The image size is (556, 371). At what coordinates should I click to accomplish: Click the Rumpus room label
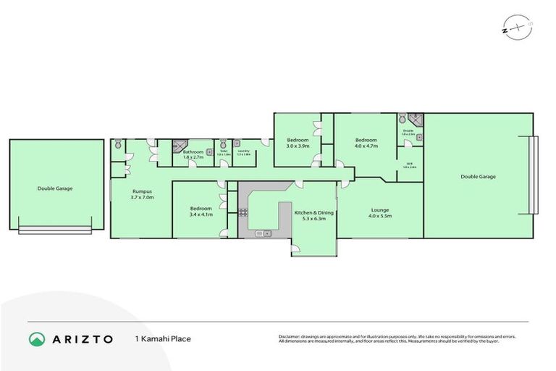[x=141, y=191]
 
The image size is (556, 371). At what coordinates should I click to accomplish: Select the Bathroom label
[x=193, y=151]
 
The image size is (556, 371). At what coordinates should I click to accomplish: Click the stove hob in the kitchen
[x=243, y=212]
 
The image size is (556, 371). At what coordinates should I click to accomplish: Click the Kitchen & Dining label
[x=315, y=212]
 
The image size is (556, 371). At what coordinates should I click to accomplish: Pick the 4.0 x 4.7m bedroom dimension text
[x=366, y=146]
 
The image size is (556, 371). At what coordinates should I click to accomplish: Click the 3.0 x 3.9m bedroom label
[x=298, y=146]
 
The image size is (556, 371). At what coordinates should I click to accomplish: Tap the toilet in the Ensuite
[x=402, y=120]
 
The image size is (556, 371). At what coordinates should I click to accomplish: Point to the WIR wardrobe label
[x=408, y=164]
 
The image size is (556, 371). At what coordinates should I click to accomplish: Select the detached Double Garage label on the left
[x=55, y=188]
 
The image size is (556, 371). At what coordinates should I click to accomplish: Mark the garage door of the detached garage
[x=55, y=230]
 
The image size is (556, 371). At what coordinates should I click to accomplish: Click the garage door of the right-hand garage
[x=534, y=175]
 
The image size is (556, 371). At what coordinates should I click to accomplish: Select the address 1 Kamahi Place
[x=162, y=338]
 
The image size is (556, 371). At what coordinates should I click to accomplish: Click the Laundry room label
[x=243, y=152]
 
